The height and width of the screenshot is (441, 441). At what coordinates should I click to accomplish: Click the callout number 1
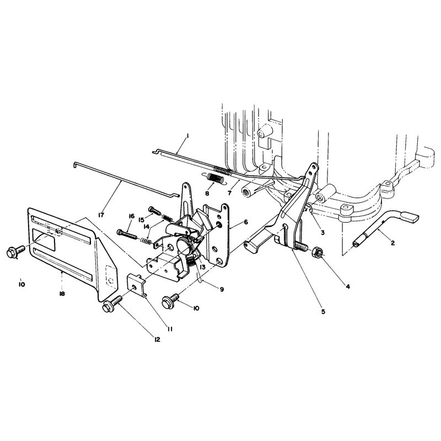187,136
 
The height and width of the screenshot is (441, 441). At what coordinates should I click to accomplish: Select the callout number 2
393,243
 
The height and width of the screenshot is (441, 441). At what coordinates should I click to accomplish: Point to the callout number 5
323,311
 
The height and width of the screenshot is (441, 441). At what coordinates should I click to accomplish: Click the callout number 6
246,222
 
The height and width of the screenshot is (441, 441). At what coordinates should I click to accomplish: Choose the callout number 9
222,289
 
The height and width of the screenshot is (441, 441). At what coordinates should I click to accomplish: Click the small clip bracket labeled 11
136,284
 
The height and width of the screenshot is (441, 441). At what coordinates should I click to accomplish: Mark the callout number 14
146,225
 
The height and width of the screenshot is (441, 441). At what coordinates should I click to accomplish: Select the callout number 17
101,215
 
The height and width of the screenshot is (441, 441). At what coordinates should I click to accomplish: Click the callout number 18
62,294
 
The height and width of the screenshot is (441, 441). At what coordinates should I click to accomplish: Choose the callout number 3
322,233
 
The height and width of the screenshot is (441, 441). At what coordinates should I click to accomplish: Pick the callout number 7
229,193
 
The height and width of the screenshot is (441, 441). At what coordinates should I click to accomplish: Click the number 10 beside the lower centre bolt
196,308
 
